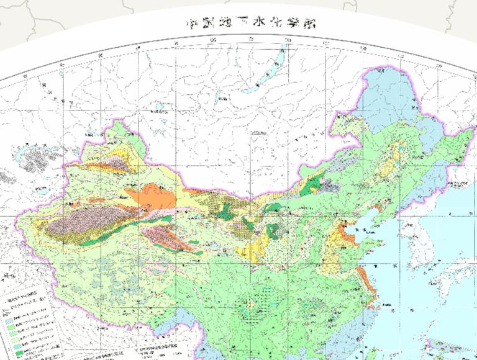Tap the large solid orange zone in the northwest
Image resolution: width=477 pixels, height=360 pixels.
(155, 199)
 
